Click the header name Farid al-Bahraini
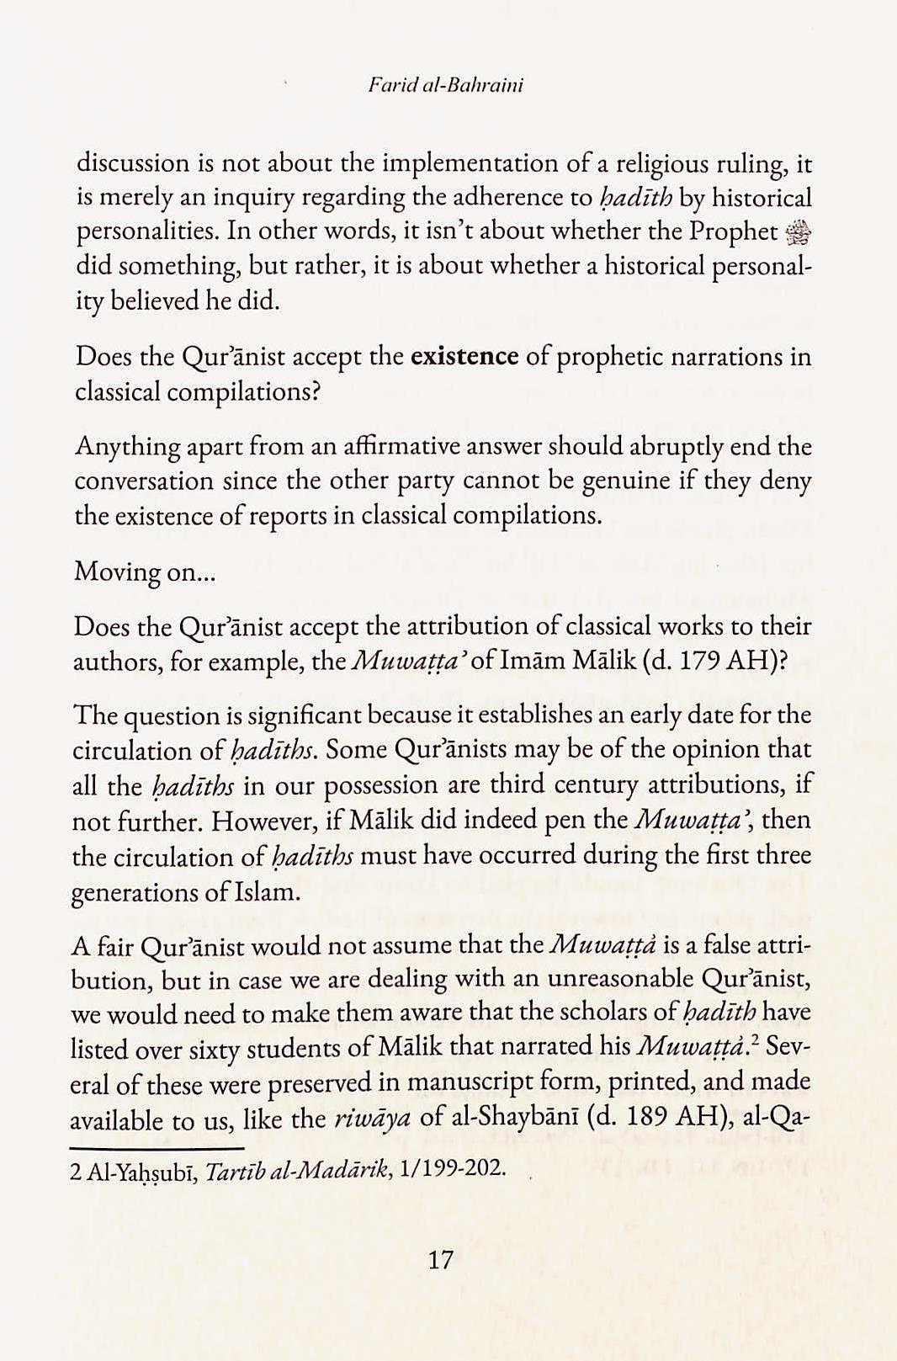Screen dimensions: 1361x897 pyautogui.click(x=445, y=85)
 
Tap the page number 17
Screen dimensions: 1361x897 pyautogui.click(x=440, y=1259)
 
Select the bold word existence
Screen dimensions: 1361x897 pyautogui.click(x=464, y=357)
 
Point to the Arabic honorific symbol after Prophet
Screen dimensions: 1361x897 pyautogui.click(x=798, y=231)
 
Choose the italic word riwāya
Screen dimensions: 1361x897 pyautogui.click(x=373, y=1119)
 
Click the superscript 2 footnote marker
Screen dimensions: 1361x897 pyautogui.click(x=757, y=1040)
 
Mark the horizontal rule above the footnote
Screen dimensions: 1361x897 pyautogui.click(x=157, y=1148)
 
